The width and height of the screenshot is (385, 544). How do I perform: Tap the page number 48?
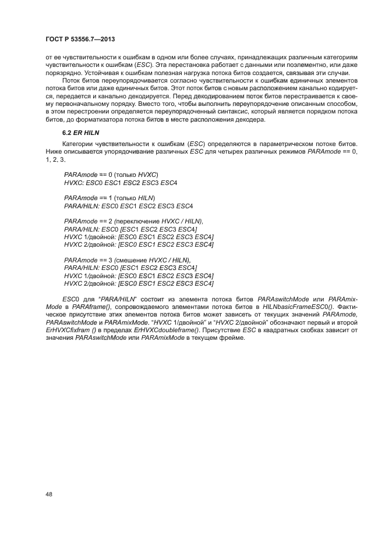50,495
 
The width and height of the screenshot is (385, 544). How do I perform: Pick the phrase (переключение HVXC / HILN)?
158,222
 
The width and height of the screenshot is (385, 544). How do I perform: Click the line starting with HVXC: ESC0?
121,183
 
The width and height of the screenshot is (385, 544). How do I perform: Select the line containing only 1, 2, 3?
56,159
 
